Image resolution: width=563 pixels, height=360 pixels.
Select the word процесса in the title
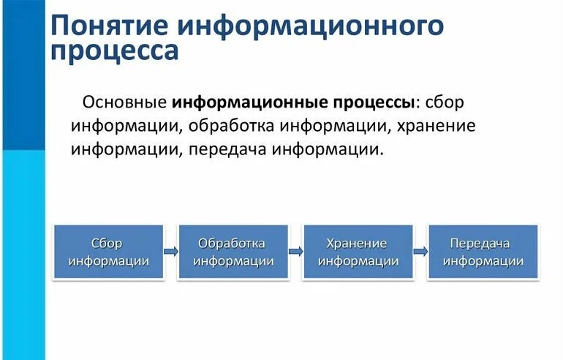(114, 51)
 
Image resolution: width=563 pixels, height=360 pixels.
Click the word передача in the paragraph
(227, 149)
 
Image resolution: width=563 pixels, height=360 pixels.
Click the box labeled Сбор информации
(108, 252)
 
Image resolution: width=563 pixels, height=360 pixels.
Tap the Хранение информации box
(358, 252)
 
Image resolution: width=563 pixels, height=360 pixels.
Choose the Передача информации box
(483, 252)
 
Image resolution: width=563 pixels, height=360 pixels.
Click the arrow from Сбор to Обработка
(170, 251)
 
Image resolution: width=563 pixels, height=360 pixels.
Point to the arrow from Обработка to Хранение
(295, 251)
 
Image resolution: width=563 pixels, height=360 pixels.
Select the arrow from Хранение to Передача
(420, 251)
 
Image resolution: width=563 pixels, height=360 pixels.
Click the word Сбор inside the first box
(108, 243)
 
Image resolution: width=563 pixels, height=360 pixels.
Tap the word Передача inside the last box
(480, 243)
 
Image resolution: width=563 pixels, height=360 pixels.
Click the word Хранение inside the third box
(358, 243)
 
